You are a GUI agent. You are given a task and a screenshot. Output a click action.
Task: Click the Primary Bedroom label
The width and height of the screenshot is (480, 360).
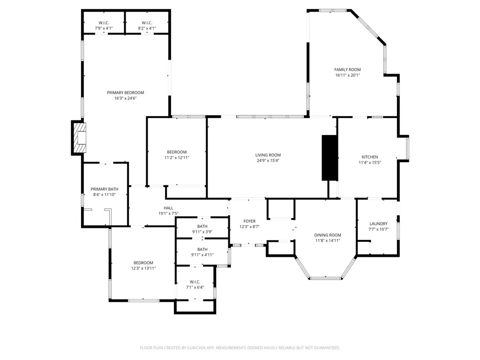coord(125,92)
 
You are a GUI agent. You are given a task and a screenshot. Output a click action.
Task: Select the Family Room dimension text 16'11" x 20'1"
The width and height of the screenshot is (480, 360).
coord(347,75)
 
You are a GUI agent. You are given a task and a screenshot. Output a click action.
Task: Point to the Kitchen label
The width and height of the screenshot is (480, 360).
coord(369,157)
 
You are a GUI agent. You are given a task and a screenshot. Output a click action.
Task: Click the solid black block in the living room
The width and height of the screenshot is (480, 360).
coord(329,157)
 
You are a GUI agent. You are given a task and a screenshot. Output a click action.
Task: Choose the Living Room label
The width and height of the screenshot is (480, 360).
coord(268,155)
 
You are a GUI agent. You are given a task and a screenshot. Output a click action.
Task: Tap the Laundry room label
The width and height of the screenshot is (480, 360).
coord(378,224)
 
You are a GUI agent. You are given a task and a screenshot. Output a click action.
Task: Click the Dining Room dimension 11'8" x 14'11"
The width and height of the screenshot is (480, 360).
coord(327,240)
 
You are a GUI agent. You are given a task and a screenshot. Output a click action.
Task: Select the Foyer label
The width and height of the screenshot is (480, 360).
coord(249,221)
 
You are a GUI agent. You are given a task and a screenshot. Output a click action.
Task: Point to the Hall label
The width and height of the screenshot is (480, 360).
coord(168,208)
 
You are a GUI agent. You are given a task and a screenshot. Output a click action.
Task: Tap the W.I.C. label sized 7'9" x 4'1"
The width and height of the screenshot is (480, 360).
coord(104,22)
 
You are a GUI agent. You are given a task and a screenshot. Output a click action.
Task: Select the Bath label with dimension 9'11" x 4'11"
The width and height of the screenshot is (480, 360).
coord(202,249)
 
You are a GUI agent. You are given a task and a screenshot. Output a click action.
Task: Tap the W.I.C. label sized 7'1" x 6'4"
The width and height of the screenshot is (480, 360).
coord(195,282)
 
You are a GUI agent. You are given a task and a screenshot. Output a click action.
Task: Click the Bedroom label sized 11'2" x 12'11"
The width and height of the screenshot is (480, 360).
coord(177,152)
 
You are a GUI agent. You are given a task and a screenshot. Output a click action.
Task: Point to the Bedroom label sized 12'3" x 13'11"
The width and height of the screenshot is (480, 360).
coord(143,262)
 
